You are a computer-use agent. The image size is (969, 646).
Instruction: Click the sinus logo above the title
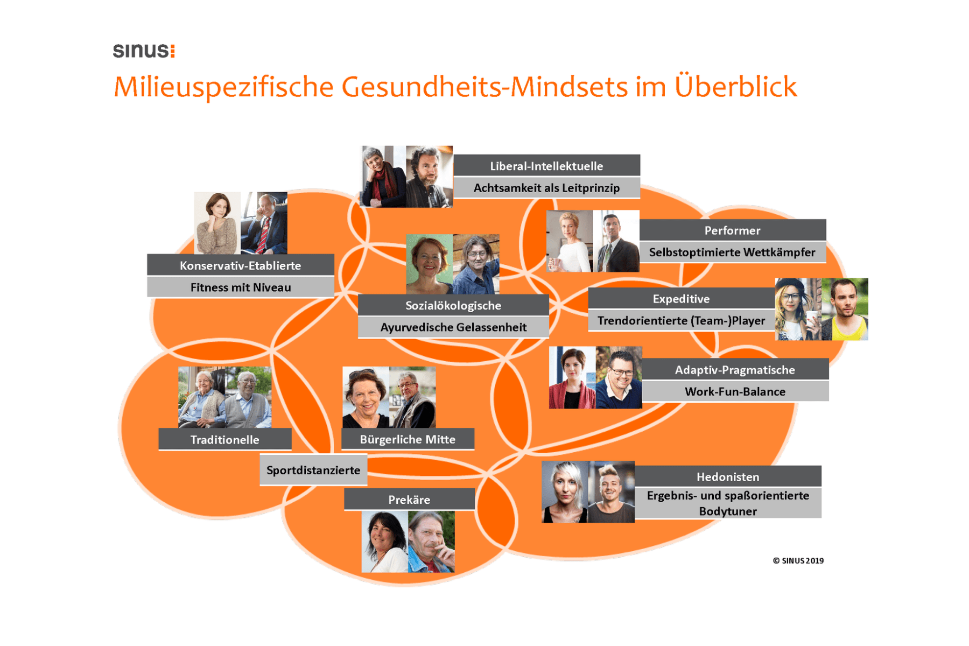(x=144, y=51)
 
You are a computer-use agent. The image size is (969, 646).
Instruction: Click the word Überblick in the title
(x=735, y=87)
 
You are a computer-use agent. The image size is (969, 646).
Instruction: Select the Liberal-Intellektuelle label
(x=546, y=166)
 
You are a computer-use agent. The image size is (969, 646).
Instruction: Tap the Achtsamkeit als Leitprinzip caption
(x=546, y=188)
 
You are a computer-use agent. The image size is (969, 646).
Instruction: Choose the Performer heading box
(x=732, y=230)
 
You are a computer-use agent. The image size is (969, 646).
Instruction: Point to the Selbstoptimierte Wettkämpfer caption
(x=732, y=252)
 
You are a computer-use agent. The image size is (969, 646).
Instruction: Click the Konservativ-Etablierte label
(x=240, y=265)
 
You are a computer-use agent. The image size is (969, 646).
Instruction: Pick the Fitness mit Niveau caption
(x=240, y=287)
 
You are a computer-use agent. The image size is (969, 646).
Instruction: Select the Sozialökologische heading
(x=453, y=305)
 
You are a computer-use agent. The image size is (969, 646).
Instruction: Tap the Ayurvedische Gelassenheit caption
(x=453, y=327)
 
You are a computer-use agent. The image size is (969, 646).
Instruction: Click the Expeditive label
(x=681, y=299)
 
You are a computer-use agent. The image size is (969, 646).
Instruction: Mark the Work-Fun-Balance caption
(x=735, y=391)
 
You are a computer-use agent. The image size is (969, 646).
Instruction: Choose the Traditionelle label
(x=225, y=439)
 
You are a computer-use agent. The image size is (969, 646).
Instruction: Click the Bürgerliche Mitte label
(x=408, y=439)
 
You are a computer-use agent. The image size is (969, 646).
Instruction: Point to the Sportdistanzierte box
(x=313, y=470)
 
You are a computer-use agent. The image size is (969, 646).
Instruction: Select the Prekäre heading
(x=409, y=500)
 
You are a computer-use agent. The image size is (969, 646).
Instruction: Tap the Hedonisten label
(x=728, y=476)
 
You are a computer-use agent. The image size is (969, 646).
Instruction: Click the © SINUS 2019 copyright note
(x=798, y=560)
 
